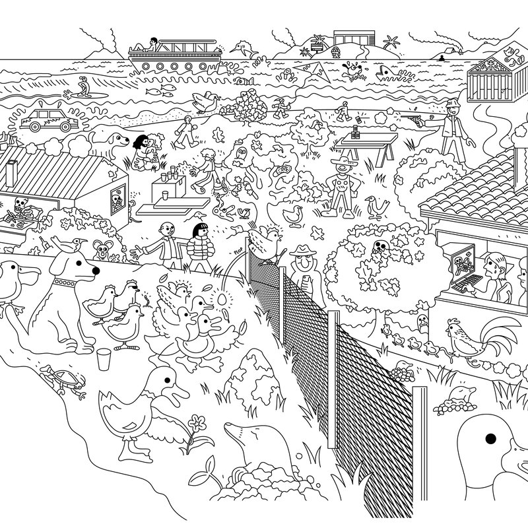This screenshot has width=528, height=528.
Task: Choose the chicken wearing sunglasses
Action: pyautogui.click(x=129, y=290)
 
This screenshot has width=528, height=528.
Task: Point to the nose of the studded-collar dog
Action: pyautogui.click(x=96, y=270)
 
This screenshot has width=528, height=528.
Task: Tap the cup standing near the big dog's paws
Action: pyautogui.click(x=103, y=361)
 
